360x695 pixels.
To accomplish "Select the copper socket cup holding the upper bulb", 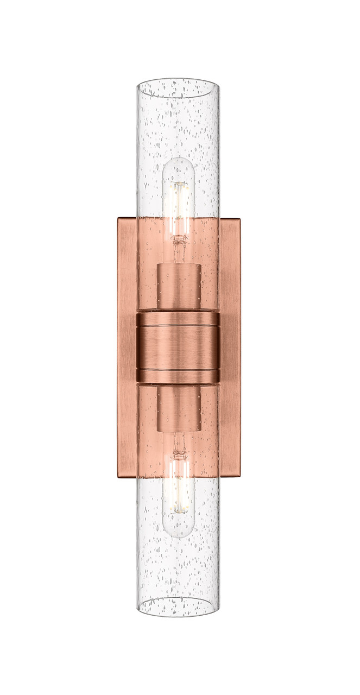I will coord(179,286).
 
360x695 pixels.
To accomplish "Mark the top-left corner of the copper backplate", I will coord(118,220).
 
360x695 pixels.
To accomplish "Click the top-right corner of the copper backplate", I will coord(239,220).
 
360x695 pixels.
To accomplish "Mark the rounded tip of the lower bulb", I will coord(178,534).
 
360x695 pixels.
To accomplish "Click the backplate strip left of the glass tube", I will coord(127,347).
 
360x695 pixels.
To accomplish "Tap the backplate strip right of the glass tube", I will coord(230,347).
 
